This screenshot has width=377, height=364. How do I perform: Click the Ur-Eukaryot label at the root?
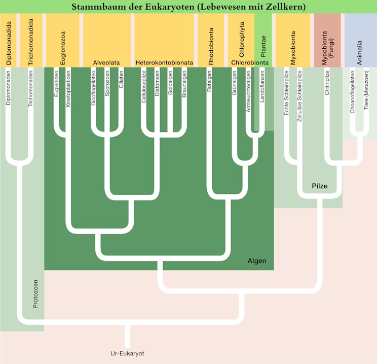point(127,353)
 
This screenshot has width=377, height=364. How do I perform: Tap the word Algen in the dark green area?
point(257,261)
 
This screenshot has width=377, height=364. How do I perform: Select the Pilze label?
point(319,186)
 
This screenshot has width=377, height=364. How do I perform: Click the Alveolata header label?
point(106,62)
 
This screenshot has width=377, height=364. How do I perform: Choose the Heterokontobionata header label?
point(164,62)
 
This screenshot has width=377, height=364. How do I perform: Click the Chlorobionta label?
point(250,62)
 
